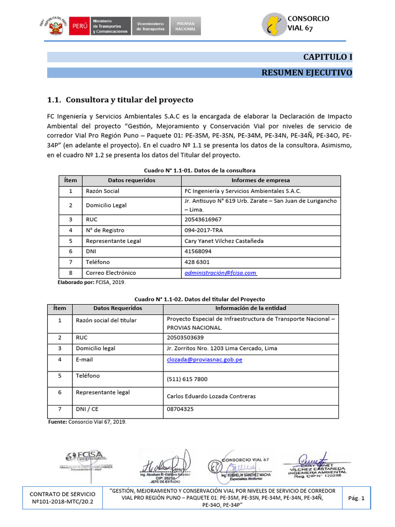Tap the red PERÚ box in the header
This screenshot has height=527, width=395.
point(80,25)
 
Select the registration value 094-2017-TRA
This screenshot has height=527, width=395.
point(204,230)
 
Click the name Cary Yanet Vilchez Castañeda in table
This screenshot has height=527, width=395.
point(225,241)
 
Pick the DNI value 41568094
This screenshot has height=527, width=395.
point(197,252)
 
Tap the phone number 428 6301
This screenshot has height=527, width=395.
point(197,262)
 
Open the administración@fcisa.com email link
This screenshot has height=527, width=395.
point(220,273)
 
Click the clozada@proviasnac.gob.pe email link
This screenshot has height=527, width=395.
point(204,360)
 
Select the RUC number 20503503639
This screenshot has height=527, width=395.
point(185,338)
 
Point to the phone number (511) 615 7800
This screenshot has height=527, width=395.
point(187,379)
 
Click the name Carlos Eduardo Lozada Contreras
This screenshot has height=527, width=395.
point(211,396)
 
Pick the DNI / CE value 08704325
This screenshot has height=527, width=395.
point(181,410)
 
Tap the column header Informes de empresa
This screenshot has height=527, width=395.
point(260,181)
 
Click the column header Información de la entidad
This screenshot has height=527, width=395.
point(250,308)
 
